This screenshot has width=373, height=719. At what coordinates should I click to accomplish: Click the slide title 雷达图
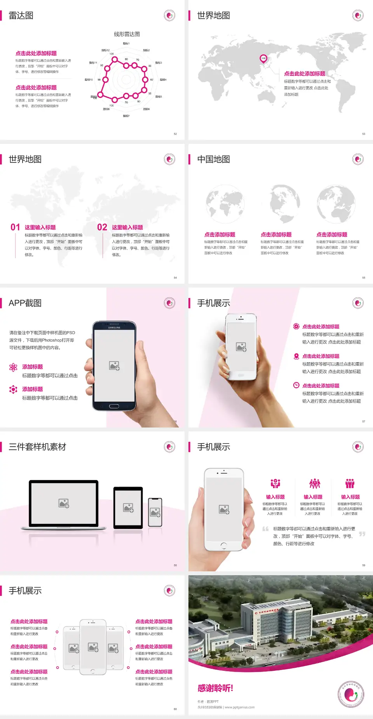21,16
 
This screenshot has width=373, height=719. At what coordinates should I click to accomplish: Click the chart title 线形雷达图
127,34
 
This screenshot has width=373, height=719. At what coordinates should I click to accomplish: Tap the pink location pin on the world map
263,59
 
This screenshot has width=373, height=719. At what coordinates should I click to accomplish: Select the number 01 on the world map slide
15,227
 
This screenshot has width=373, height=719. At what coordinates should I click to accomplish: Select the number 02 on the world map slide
102,227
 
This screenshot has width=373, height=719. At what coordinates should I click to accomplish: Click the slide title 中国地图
213,159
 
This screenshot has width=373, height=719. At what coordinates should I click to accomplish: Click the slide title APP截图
25,303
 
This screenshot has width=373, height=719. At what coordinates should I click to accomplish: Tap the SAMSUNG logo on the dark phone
114,328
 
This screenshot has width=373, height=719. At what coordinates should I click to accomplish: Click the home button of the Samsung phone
114,406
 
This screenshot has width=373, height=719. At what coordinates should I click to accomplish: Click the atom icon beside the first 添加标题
13,367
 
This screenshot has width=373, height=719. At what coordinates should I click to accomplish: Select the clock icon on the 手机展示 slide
296,385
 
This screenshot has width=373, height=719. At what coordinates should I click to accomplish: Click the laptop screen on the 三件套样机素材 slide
64,503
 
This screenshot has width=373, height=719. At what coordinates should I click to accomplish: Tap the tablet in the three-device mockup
128,507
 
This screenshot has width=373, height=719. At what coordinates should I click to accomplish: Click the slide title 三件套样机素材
37,447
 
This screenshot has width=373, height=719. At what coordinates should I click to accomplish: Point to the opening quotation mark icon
265,529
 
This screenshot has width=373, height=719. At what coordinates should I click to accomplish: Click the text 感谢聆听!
215,688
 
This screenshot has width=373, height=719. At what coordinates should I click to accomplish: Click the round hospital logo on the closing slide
351,694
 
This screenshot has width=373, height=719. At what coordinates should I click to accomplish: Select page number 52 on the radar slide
175,134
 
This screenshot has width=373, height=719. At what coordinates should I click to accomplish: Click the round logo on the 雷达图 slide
169,16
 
